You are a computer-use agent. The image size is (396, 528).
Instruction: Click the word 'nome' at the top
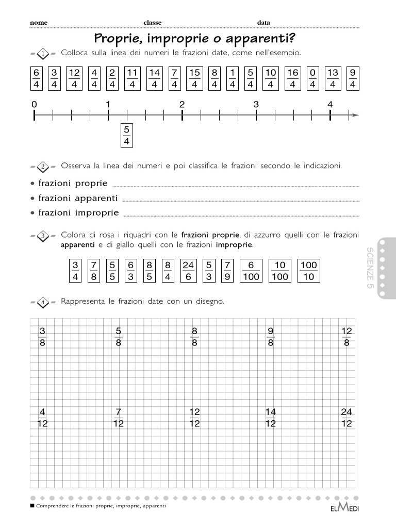(39, 23)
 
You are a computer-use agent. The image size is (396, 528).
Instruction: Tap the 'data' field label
(263, 23)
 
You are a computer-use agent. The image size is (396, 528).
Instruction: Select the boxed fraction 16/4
(293, 78)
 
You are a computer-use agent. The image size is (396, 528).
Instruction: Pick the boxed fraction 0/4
(312, 78)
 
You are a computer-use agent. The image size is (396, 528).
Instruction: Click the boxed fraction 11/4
(133, 78)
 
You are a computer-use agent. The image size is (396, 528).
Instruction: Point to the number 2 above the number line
(182, 105)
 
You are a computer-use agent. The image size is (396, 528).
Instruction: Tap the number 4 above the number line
(330, 105)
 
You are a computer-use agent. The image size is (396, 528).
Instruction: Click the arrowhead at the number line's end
(354, 115)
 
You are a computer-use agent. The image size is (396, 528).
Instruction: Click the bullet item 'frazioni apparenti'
(77, 198)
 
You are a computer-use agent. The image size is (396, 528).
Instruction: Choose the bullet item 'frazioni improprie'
(78, 212)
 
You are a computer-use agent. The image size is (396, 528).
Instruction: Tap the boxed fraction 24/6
(188, 271)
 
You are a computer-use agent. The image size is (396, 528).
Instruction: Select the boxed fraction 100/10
(309, 271)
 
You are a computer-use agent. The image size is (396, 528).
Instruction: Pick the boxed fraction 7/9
(227, 271)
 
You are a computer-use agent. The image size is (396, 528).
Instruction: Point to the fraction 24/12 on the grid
(346, 418)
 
